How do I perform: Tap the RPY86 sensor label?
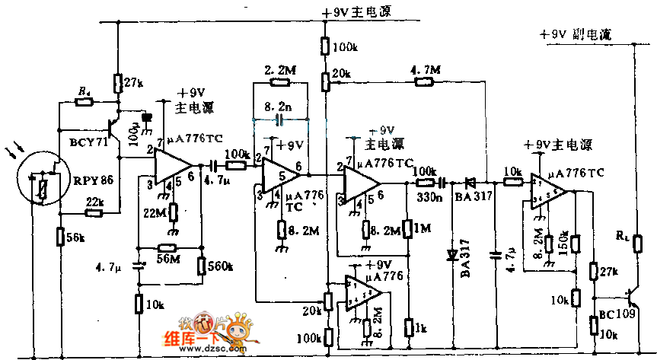coord(93,180)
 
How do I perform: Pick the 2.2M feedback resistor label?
coord(279,70)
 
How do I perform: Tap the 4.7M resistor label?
coord(424,70)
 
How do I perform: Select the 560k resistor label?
coord(221,266)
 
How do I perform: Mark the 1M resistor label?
coord(421,228)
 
